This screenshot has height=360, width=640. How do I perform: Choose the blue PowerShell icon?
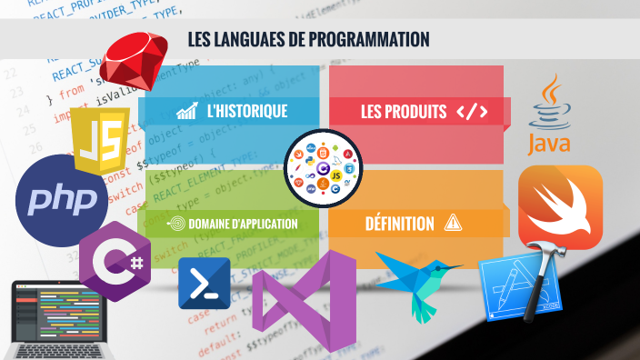(203, 285)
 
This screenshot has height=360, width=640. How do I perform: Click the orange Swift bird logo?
(560, 206)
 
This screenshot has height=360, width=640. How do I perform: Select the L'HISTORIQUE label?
(246, 112)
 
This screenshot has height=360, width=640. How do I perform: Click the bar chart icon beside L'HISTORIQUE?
(187, 112)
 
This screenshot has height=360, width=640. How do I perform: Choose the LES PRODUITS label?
(403, 112)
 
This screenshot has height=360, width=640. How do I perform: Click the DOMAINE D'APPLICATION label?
(243, 224)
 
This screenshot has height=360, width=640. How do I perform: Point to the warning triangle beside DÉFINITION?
(452, 223)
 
